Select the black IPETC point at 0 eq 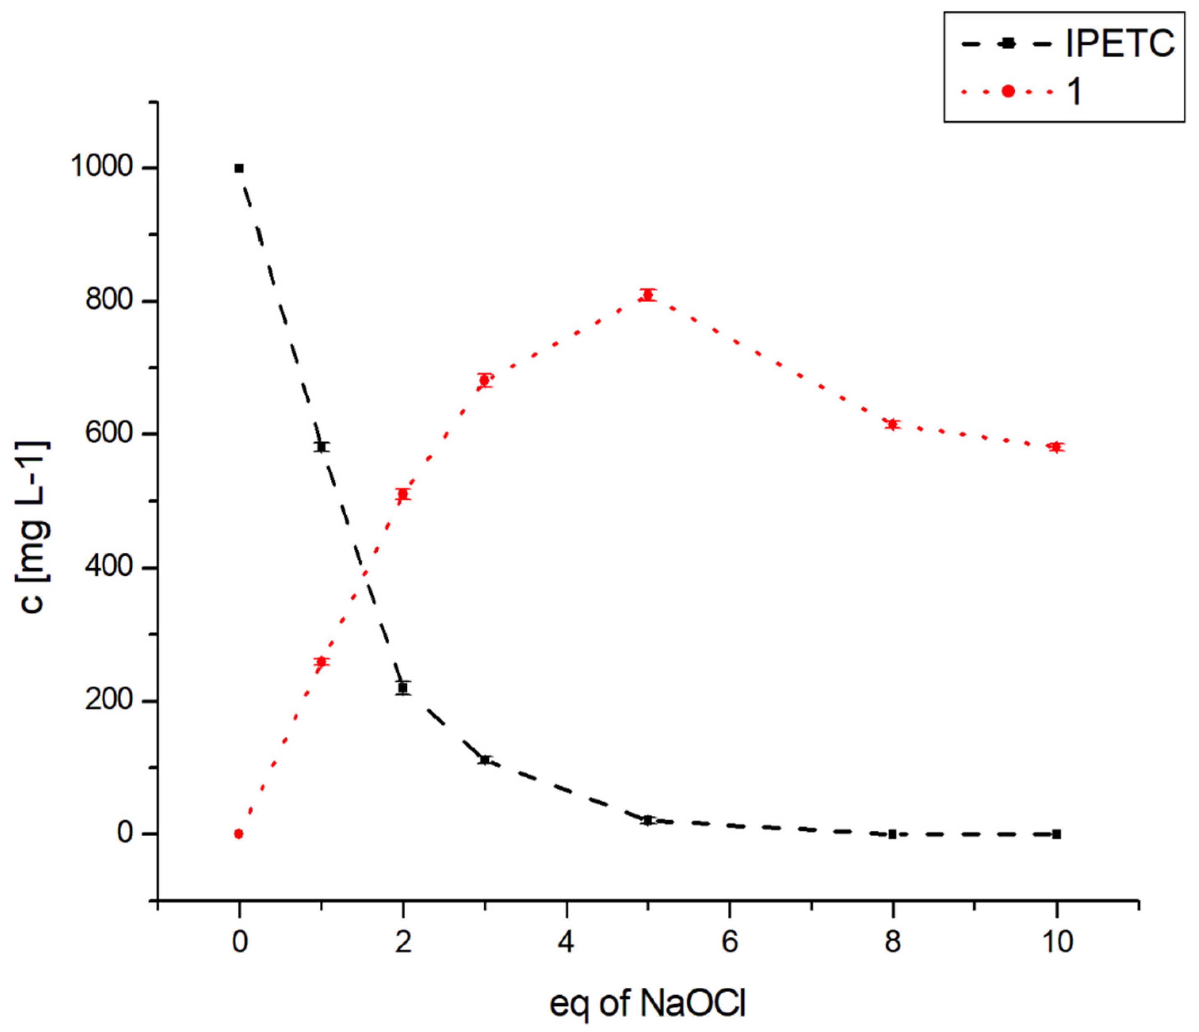[239, 168]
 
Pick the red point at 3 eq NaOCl [484, 380]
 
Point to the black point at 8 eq [893, 834]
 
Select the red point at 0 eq [239, 834]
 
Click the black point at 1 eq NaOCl [321, 446]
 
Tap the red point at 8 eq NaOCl [893, 424]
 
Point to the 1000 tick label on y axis [102, 167]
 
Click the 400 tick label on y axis [109, 567]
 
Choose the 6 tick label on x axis [730, 942]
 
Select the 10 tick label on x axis [1057, 942]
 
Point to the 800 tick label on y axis [109, 301]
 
